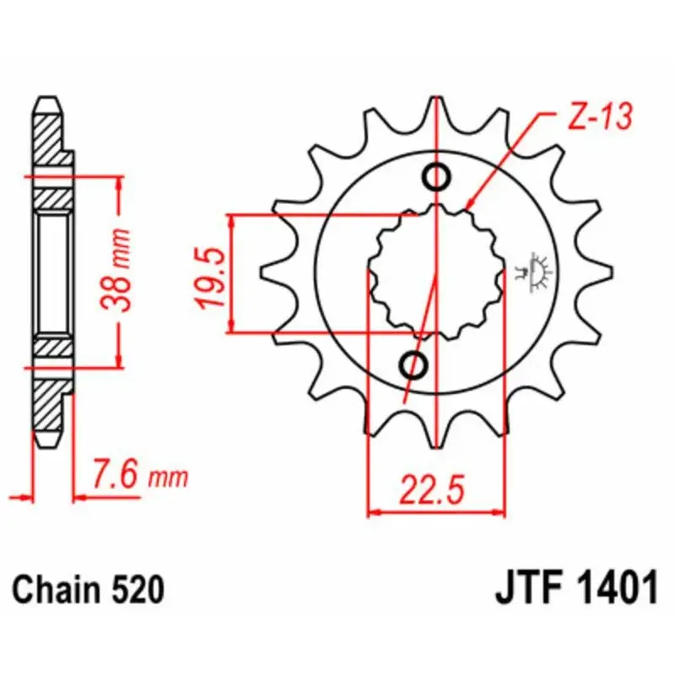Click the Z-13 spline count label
tap(600, 116)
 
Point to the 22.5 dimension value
tap(432, 489)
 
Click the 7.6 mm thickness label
tap(140, 475)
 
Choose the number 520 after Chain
tap(138, 589)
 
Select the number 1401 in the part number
tap(617, 587)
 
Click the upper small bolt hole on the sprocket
tap(436, 176)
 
